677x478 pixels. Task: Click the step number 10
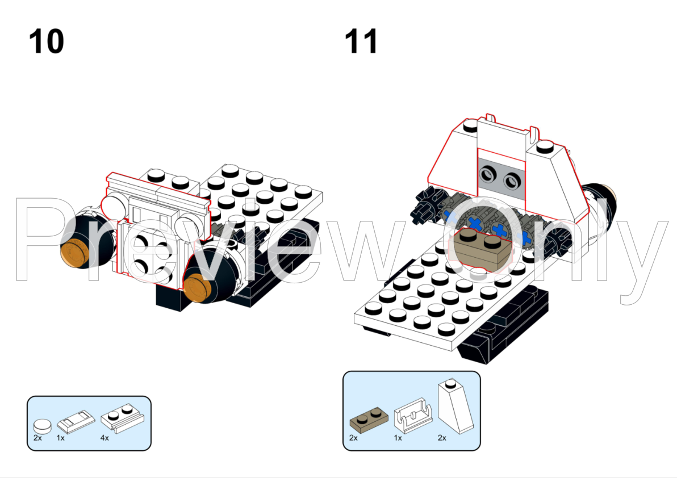click(x=47, y=41)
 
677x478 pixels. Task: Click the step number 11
click(x=361, y=41)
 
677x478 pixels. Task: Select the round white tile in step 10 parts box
click(x=42, y=424)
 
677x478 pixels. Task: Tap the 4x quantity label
click(x=105, y=438)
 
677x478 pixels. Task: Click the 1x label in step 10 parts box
click(x=61, y=438)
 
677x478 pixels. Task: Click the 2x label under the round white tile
click(x=37, y=438)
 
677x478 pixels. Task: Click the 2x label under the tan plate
click(x=354, y=438)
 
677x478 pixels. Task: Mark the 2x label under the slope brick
click(x=441, y=438)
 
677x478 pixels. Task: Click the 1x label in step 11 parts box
click(x=398, y=438)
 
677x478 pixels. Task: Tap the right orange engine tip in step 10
click(x=199, y=285)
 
